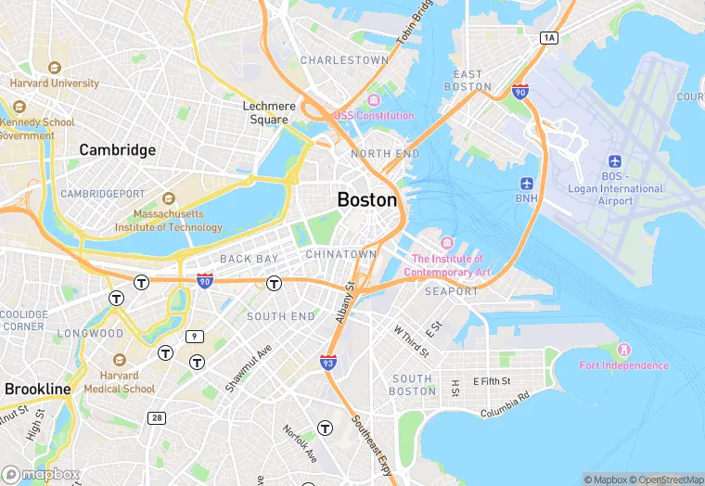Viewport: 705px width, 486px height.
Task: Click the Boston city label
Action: click(367, 199)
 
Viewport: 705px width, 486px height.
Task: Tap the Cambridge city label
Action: click(117, 149)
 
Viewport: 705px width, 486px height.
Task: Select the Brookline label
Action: click(37, 388)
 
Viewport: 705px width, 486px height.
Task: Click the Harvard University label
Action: click(55, 83)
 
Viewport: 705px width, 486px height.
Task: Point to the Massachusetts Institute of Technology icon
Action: click(168, 198)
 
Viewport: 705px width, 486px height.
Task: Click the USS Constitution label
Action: click(374, 115)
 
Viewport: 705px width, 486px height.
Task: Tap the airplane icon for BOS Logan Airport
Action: click(614, 161)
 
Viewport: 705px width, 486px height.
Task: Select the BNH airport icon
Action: click(527, 183)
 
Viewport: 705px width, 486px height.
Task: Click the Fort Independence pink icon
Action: click(623, 350)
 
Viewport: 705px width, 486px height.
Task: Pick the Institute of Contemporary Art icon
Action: click(447, 243)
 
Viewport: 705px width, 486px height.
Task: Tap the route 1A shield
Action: click(549, 37)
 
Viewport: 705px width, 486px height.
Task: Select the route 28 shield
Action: click(157, 418)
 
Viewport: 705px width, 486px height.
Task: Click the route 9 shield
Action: click(195, 336)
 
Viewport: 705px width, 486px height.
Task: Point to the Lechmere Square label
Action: click(269, 112)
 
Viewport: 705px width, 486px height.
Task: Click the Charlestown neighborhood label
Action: click(344, 60)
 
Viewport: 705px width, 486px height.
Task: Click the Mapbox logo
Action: click(39, 474)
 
